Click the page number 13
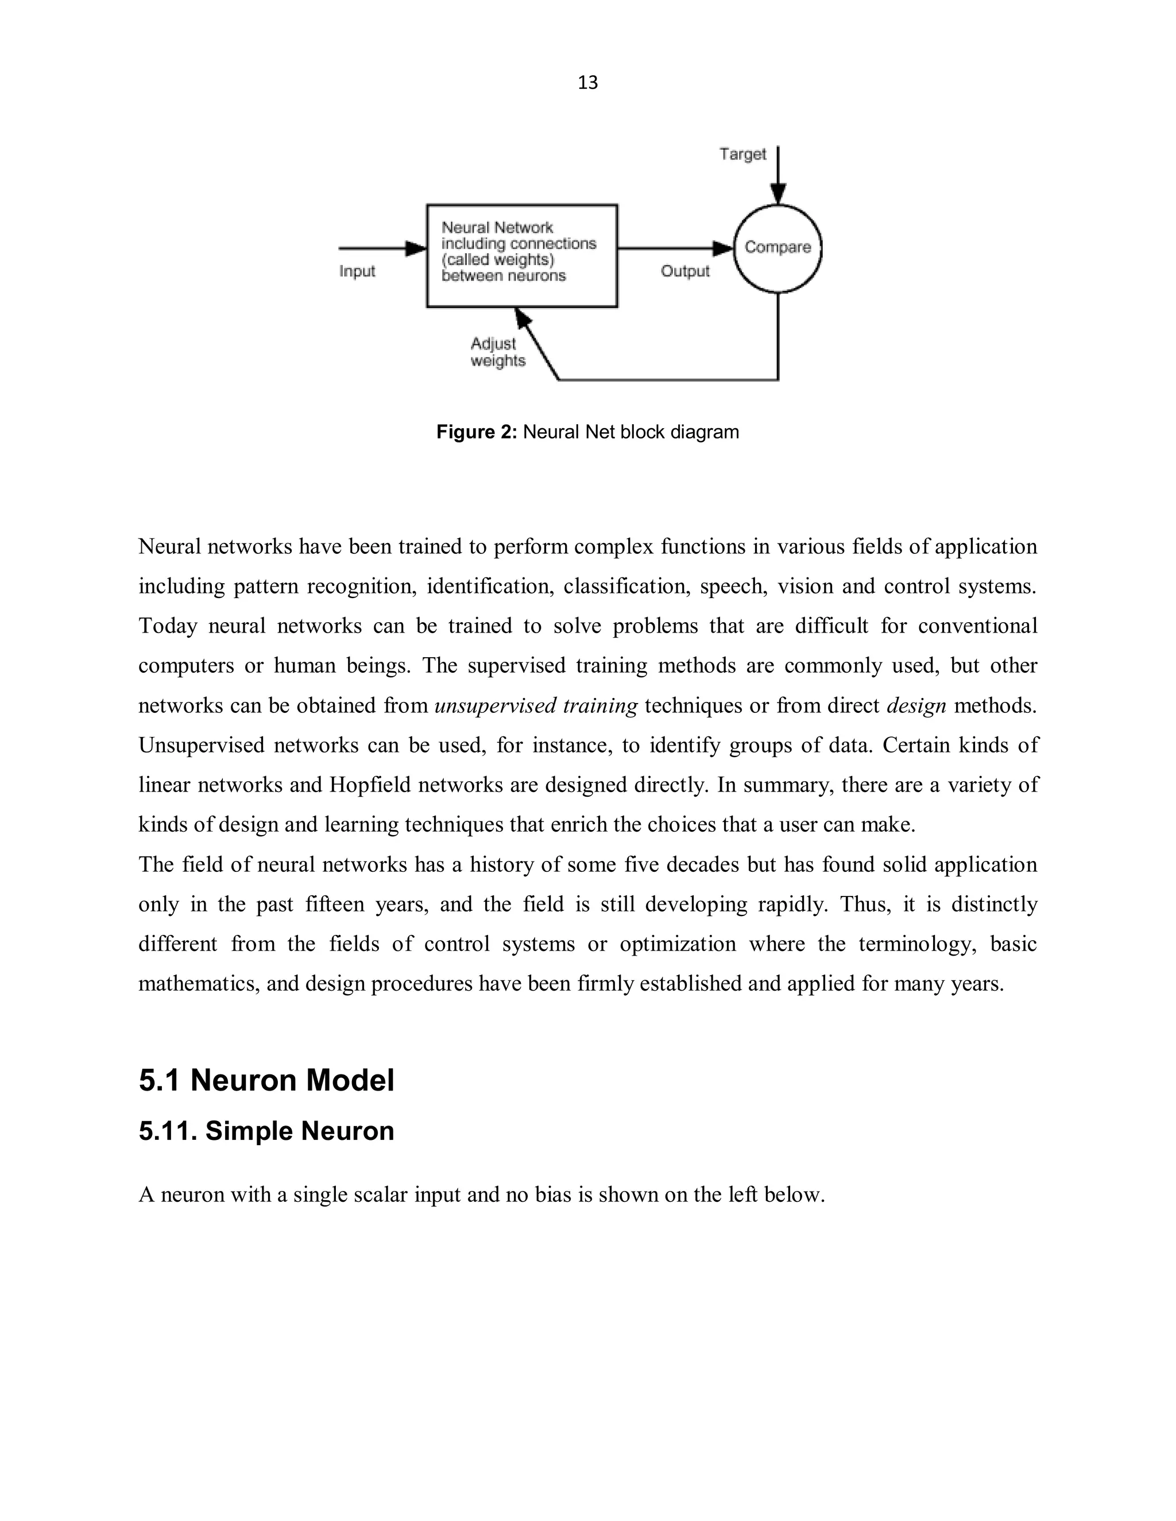point(587,83)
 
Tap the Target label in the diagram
point(742,154)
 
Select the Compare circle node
point(777,248)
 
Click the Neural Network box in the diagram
point(521,255)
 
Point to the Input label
point(357,271)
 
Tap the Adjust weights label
point(497,352)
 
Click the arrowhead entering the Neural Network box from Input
point(417,248)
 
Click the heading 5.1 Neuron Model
point(266,1080)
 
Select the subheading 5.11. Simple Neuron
point(266,1131)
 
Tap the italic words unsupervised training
point(535,705)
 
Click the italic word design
point(915,705)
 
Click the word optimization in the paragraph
point(677,944)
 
